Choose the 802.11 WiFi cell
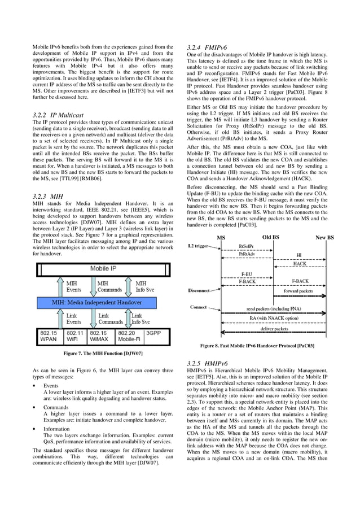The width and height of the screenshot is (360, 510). pyautogui.click(x=74, y=337)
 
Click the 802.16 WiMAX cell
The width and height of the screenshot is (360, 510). pyautogui.click(x=101, y=337)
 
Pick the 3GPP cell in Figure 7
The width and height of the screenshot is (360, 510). pyautogui.click(x=155, y=333)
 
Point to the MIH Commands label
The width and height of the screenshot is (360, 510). pyautogui.click(x=109, y=286)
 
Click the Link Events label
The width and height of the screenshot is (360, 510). pyautogui.click(x=72, y=318)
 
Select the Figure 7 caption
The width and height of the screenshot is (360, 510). pyautogui.click(x=103, y=354)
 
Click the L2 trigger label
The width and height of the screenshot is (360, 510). pyautogui.click(x=201, y=246)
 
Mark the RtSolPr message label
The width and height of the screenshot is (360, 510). pyautogui.click(x=246, y=247)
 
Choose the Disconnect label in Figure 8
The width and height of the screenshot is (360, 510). pyautogui.click(x=198, y=290)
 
